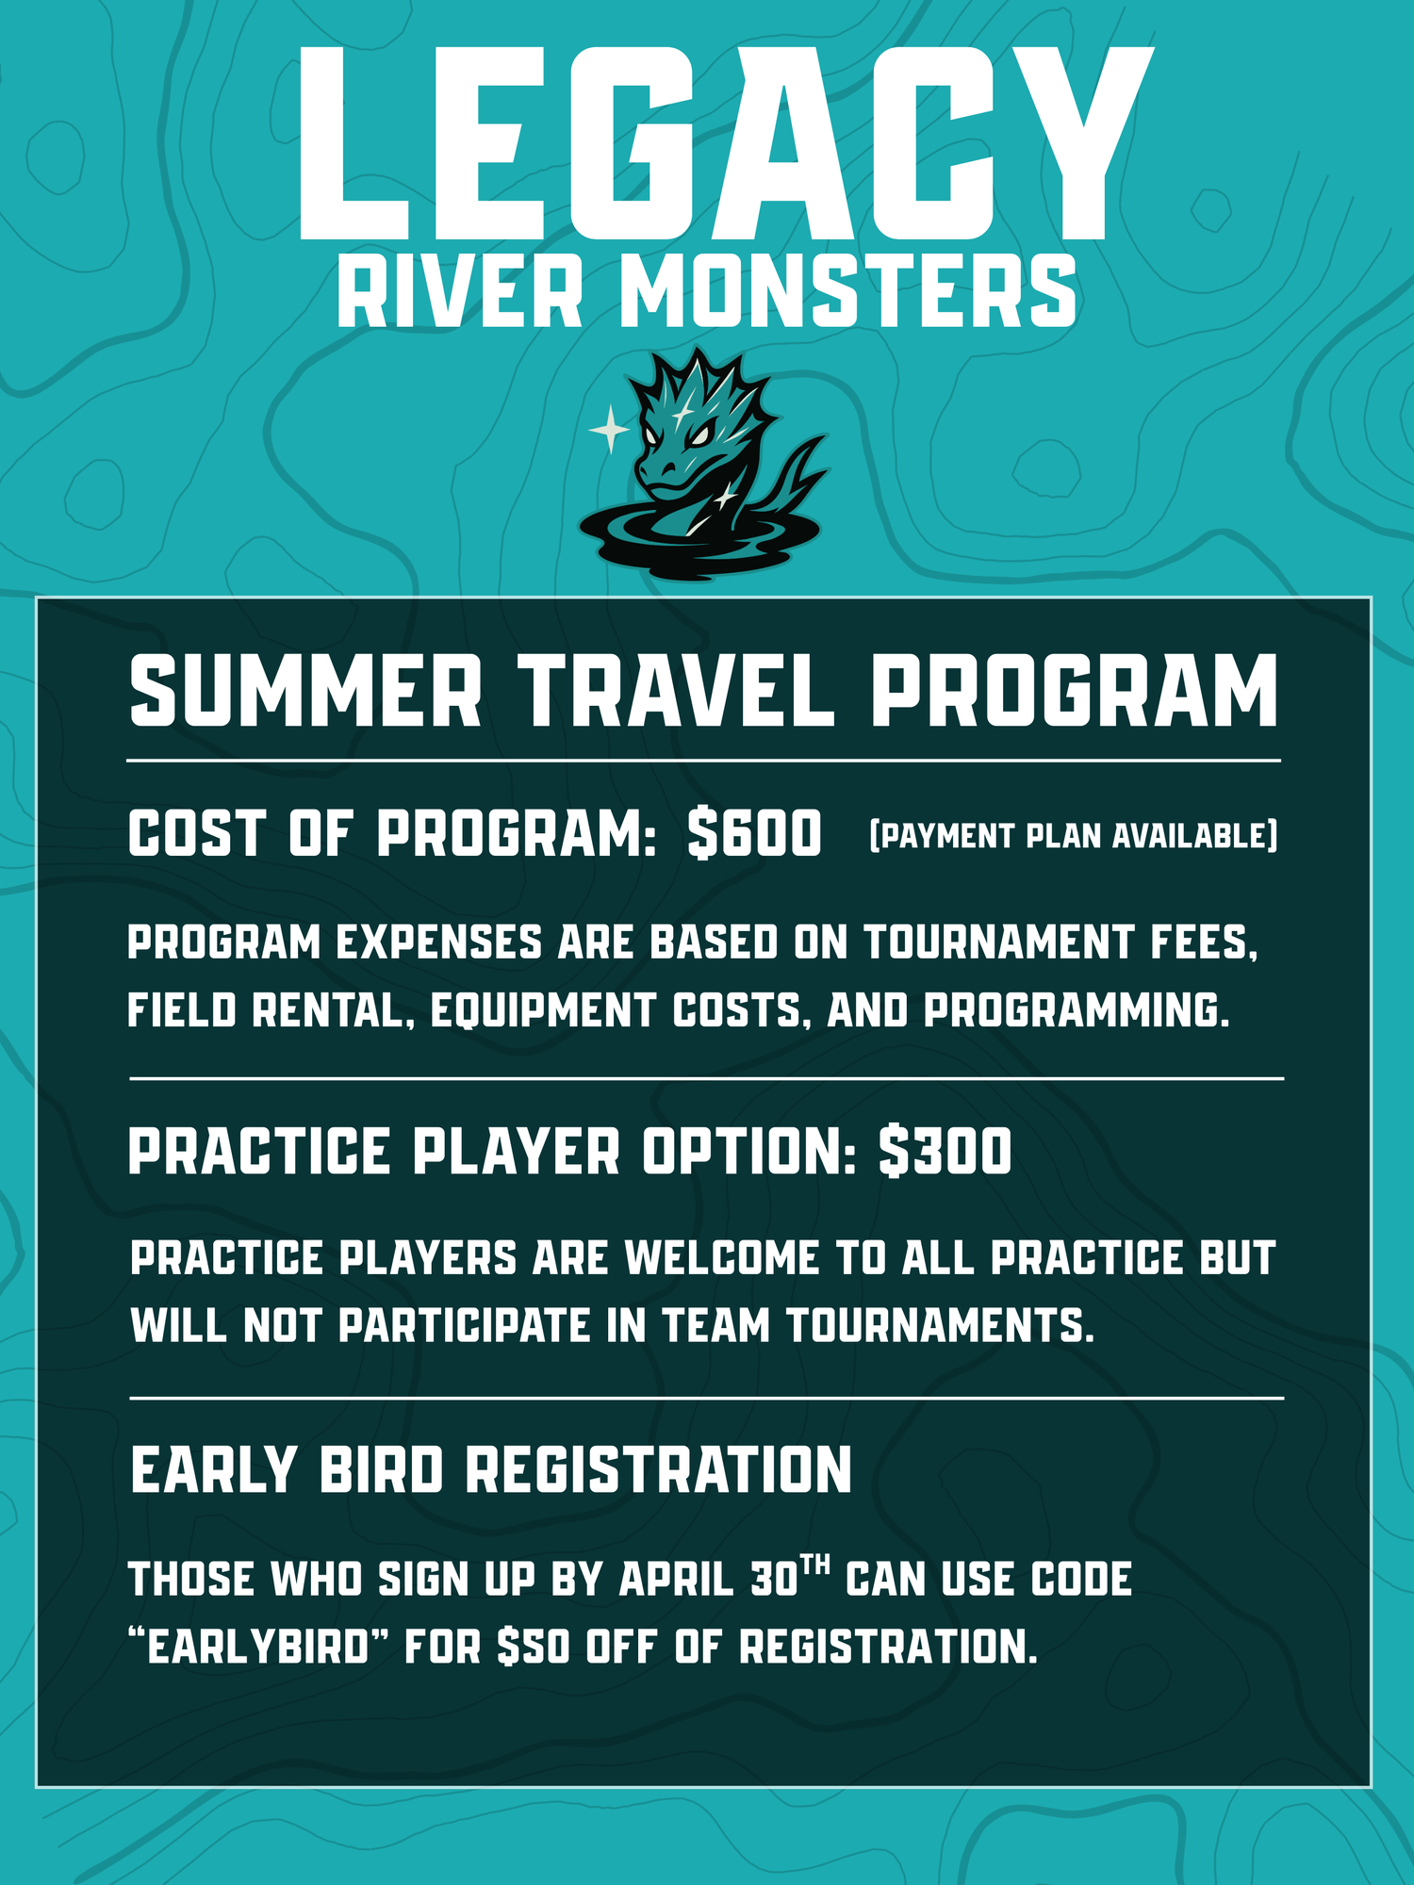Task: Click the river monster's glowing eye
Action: click(700, 436)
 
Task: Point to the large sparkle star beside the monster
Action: click(610, 430)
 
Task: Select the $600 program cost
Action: click(754, 834)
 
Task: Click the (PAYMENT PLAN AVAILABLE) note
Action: click(1074, 836)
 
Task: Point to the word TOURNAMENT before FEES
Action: click(998, 942)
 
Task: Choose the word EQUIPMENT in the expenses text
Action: click(542, 1010)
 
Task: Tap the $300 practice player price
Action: click(945, 1151)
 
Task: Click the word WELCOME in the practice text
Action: click(722, 1258)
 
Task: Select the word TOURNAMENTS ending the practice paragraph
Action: click(940, 1326)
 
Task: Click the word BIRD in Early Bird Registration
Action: click(382, 1469)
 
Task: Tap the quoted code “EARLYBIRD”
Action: click(259, 1647)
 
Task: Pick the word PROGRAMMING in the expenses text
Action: click(1077, 1010)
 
